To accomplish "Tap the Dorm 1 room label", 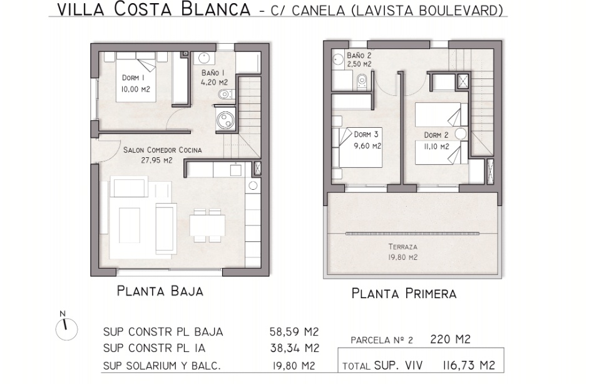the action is [x=133, y=78].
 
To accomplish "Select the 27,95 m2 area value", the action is [x=156, y=160].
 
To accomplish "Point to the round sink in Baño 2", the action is [x=338, y=60].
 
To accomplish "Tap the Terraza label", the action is [x=403, y=247].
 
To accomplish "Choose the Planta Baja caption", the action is [x=160, y=291].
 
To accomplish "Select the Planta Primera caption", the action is [x=404, y=293].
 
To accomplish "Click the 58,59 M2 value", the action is [x=294, y=332].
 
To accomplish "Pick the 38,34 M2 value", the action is [x=294, y=348].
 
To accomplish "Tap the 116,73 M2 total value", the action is [x=469, y=365].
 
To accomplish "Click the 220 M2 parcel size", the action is [x=450, y=340].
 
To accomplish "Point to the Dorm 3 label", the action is [x=366, y=134].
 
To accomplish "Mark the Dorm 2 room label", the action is [x=436, y=135].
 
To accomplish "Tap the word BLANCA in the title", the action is [x=215, y=9].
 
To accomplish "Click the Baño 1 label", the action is [x=213, y=72].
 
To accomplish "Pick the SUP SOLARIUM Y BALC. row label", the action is [x=162, y=366].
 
